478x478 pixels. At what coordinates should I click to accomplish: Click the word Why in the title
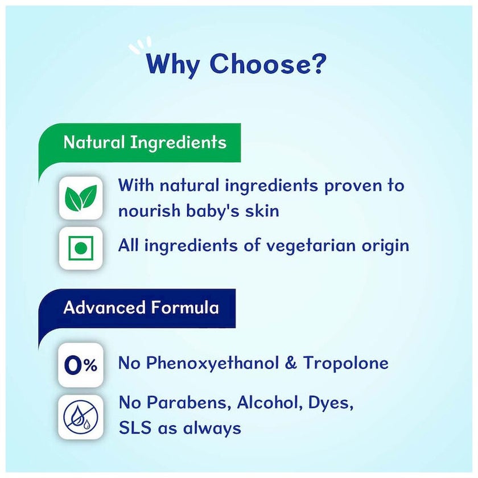coord(173,65)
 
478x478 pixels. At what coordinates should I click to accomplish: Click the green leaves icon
coord(81,198)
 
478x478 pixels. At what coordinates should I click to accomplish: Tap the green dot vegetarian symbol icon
coord(81,248)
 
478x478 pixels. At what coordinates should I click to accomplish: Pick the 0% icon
coord(81,365)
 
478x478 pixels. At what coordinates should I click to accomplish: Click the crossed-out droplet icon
coord(81,417)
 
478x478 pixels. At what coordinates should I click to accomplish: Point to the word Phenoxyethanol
coord(212,364)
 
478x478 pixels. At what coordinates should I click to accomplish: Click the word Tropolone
coord(346,363)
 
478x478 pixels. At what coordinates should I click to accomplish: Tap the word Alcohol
coord(270,403)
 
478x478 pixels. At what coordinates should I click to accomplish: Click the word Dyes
coord(331,404)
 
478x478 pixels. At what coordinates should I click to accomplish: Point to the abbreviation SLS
coord(135,428)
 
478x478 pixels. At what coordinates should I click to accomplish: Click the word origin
coord(385,246)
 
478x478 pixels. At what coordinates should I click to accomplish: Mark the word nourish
coord(149,211)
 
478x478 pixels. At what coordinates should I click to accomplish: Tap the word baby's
coord(212,211)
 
